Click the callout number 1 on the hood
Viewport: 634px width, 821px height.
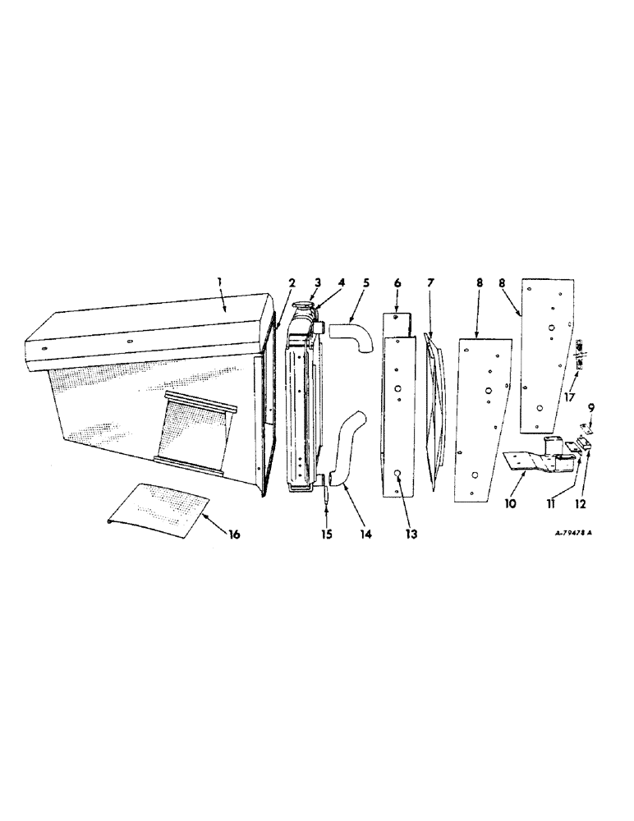219,283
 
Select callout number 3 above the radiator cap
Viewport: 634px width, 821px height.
317,282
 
